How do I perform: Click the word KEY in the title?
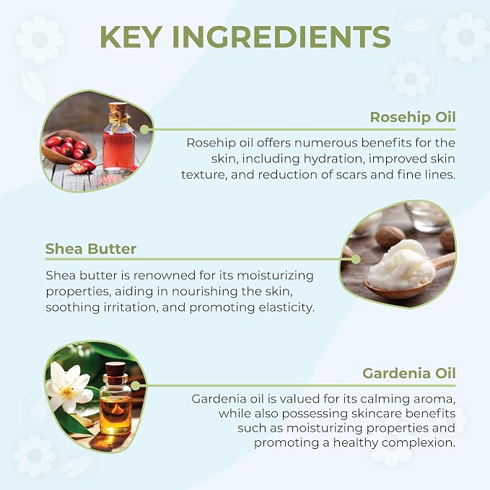click(131, 37)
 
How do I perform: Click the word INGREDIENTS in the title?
click(281, 37)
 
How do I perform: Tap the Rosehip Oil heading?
click(413, 118)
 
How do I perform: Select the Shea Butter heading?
click(91, 249)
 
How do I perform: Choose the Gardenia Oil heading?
click(408, 373)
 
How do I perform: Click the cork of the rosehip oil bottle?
click(118, 109)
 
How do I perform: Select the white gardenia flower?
click(68, 388)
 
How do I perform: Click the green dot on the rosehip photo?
click(144, 129)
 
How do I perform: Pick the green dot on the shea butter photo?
click(355, 259)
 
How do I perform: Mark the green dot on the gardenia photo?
click(136, 385)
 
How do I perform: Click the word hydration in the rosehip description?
click(333, 159)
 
